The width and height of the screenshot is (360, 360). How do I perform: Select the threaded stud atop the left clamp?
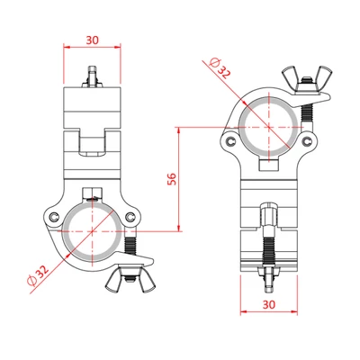[x=93, y=76]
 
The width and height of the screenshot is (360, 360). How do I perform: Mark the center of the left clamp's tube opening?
[x=93, y=230]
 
